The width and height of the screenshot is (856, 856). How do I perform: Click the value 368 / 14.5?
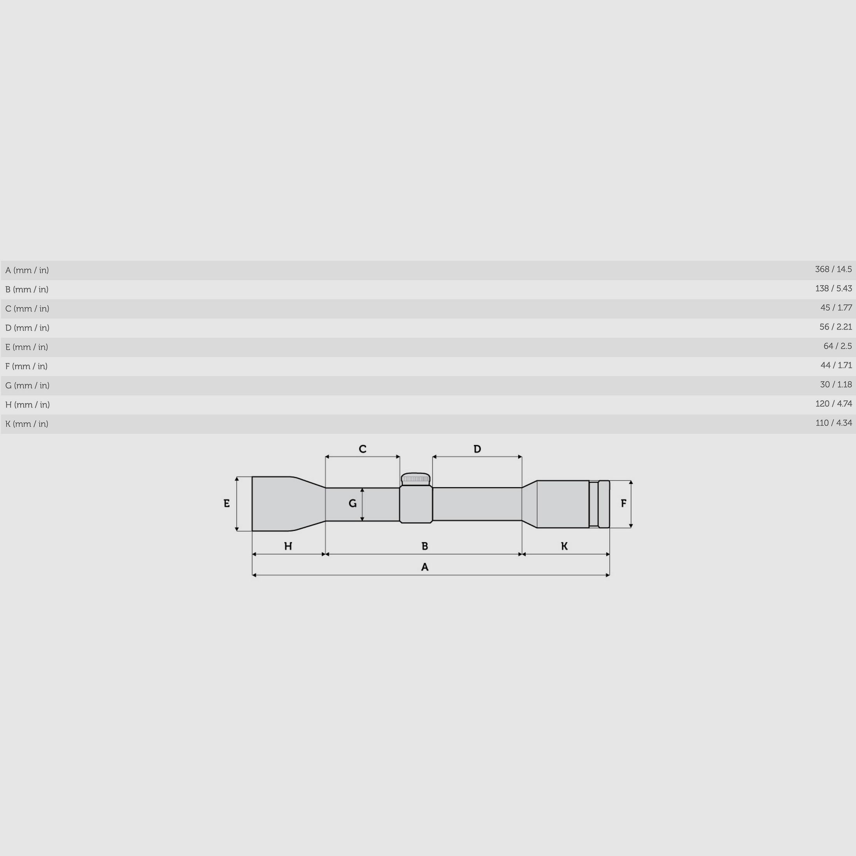click(833, 269)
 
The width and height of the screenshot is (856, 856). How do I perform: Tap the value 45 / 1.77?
click(836, 308)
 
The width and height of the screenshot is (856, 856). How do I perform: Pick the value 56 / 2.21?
click(836, 327)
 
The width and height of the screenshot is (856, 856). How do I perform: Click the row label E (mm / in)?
click(26, 347)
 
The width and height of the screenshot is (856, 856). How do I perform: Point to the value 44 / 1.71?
click(836, 365)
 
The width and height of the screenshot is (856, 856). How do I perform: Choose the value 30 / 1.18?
click(836, 384)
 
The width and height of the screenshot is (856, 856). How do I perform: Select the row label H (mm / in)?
click(28, 405)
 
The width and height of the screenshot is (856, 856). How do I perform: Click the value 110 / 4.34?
click(833, 423)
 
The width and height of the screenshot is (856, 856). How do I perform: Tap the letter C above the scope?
click(362, 449)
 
